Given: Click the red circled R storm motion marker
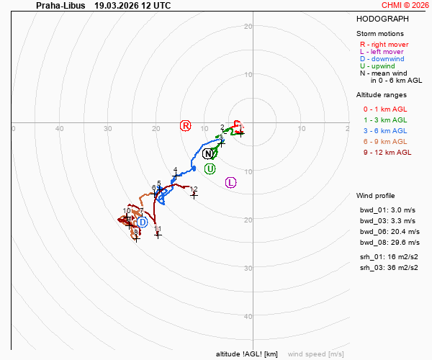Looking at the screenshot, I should click(186, 126).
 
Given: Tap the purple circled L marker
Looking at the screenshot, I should click(230, 182).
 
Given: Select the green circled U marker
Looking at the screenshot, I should click(210, 168).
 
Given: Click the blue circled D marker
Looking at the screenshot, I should click(142, 222).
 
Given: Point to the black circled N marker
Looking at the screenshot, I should click(208, 153).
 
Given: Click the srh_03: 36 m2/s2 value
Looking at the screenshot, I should click(389, 268).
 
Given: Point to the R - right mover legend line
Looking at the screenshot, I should click(384, 45).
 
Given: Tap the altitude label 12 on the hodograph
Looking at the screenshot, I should click(194, 189).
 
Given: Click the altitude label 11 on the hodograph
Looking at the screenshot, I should click(158, 229).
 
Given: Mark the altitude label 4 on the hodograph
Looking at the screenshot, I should click(175, 170).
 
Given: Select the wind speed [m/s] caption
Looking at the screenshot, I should click(315, 354).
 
